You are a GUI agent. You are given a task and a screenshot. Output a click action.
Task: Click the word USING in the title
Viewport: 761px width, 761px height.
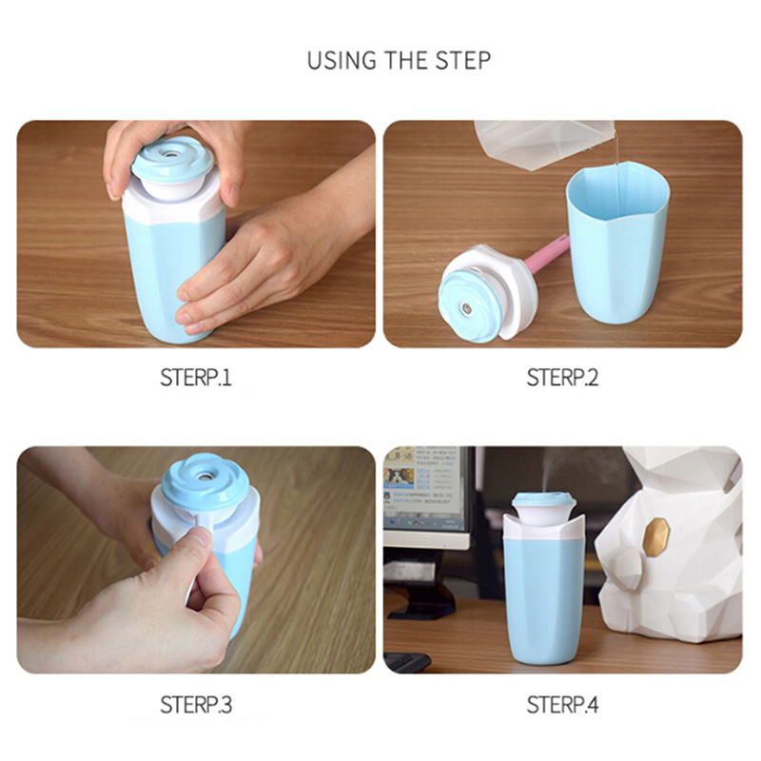click(341, 60)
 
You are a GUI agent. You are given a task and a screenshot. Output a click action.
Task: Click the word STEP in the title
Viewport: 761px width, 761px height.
click(462, 60)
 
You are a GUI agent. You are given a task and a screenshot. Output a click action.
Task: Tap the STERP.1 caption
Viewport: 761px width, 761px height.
click(196, 377)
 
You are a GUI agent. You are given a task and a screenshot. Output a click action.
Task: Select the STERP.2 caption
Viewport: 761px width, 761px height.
click(562, 377)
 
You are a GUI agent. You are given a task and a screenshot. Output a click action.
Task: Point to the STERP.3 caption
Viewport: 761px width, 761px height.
click(196, 705)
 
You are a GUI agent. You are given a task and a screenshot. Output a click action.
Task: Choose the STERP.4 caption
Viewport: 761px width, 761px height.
click(562, 705)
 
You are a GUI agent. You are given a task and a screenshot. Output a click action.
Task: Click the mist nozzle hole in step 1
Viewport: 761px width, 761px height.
click(171, 154)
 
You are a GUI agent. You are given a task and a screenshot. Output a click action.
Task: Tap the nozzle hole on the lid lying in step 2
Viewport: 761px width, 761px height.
click(466, 308)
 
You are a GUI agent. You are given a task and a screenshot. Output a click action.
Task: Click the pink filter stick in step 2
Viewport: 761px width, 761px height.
click(544, 252)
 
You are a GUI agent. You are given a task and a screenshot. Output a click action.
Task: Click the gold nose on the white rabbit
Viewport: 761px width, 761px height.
click(658, 535)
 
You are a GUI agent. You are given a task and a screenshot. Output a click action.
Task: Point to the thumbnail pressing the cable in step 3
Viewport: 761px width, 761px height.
click(202, 535)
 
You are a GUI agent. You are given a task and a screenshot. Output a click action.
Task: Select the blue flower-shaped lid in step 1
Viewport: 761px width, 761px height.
click(172, 158)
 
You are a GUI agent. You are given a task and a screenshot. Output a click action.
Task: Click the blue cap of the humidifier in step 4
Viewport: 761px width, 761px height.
click(543, 501)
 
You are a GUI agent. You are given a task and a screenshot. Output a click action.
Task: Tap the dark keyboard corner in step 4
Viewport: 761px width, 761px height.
click(407, 661)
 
